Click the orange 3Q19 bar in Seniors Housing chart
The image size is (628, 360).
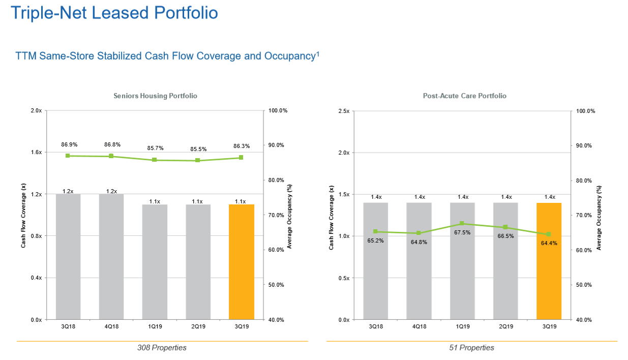[242, 262]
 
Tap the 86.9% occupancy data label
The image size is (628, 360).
[69, 145]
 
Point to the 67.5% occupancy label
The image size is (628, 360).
[462, 232]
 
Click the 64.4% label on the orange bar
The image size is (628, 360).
[549, 243]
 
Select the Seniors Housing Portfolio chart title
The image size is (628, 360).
[155, 96]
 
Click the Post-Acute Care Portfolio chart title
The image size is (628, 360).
[464, 96]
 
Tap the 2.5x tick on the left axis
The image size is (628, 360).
[344, 111]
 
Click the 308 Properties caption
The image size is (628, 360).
[162, 348]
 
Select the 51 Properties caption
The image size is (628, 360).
[471, 348]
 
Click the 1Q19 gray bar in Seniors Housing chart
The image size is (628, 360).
[155, 262]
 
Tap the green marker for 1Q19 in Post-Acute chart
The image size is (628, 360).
[462, 224]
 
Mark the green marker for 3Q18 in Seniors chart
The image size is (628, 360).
[68, 156]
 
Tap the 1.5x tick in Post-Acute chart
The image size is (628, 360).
[344, 194]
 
